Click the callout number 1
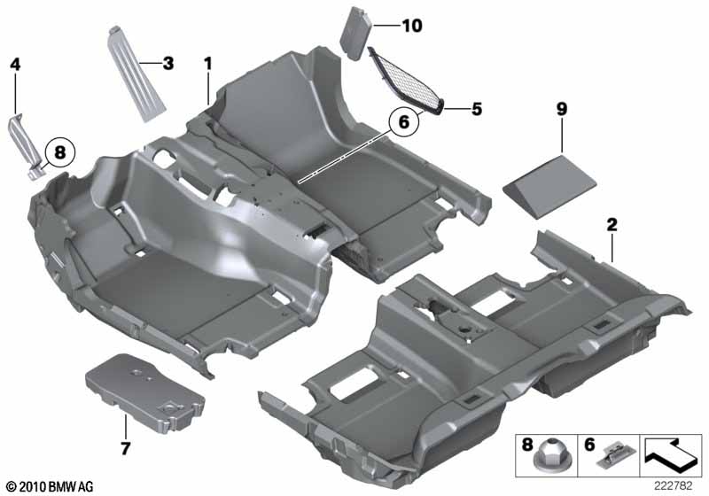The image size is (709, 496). click(x=208, y=64)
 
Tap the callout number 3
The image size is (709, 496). click(x=168, y=64)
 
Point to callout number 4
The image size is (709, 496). click(x=14, y=64)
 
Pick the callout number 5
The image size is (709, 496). click(x=476, y=110)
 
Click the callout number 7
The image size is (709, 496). click(x=125, y=448)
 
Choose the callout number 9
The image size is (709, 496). click(x=561, y=109)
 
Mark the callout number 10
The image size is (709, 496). click(x=412, y=27)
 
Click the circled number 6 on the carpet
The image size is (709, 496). click(x=403, y=123)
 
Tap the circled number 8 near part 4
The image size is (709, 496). click(x=59, y=152)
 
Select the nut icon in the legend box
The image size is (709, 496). click(x=542, y=461)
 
